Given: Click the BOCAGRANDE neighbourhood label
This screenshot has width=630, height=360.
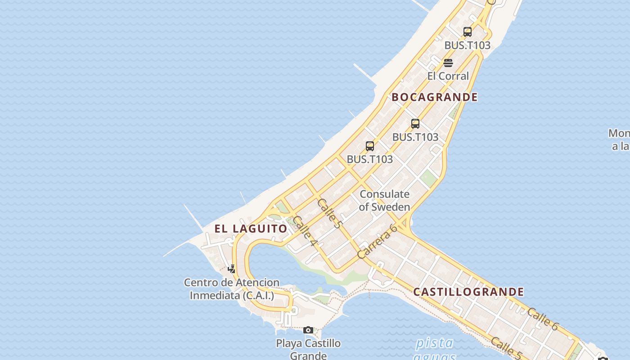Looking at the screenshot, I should (x=434, y=97).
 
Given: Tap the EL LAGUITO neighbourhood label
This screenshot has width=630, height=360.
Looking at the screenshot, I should (x=251, y=229).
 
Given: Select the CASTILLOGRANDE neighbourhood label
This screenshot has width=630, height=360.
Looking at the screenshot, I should (x=468, y=292).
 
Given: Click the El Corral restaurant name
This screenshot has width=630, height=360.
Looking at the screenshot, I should (x=448, y=76).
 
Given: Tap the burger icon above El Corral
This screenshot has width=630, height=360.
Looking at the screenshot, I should (x=448, y=63).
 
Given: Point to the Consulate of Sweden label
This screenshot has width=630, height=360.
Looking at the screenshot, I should (x=384, y=201).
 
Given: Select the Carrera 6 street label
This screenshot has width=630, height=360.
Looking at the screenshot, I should (x=377, y=242).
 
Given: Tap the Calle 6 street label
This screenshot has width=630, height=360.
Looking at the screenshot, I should (x=542, y=319).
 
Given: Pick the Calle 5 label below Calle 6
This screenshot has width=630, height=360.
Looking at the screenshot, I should (x=506, y=348).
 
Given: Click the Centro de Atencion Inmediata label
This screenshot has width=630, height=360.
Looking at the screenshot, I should (x=232, y=289).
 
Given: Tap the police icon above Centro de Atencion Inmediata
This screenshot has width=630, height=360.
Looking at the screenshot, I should (x=231, y=269).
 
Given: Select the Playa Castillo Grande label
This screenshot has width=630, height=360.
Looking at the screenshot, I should (x=308, y=349).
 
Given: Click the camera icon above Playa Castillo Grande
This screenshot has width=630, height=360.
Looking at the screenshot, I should (x=308, y=330).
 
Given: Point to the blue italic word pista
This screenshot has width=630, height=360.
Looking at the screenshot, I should (x=434, y=343).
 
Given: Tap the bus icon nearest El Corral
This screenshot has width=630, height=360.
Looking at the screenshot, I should (x=468, y=32).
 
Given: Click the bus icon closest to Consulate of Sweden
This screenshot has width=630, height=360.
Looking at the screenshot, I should (x=370, y=146).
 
